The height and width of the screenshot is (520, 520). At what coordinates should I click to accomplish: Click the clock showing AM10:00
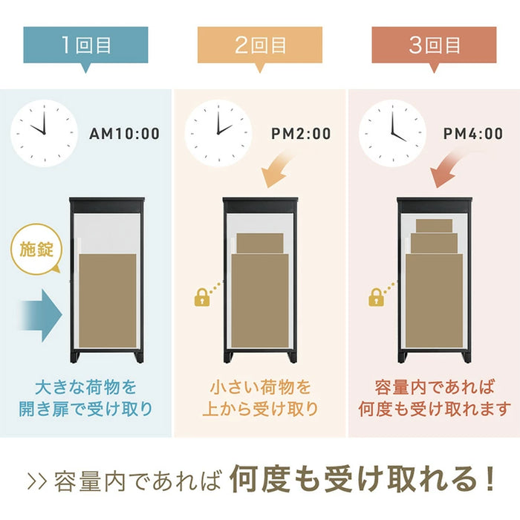click(x=43, y=132)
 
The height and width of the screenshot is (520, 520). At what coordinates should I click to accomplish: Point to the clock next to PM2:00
click(x=217, y=132)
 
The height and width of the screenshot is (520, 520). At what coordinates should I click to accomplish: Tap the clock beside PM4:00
click(x=391, y=132)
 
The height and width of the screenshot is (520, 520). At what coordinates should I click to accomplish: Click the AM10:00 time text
click(x=124, y=134)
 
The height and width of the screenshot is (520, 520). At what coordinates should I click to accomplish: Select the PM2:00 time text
click(x=301, y=134)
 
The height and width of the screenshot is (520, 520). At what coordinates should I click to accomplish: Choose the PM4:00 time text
click(x=473, y=134)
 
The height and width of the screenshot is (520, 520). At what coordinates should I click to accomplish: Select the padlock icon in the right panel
click(x=376, y=299)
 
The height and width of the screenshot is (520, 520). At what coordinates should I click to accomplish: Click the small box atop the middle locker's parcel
click(x=259, y=243)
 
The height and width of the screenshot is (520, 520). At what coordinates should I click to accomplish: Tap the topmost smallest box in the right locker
click(x=434, y=225)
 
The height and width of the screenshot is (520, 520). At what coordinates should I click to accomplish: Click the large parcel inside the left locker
click(x=108, y=297)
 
